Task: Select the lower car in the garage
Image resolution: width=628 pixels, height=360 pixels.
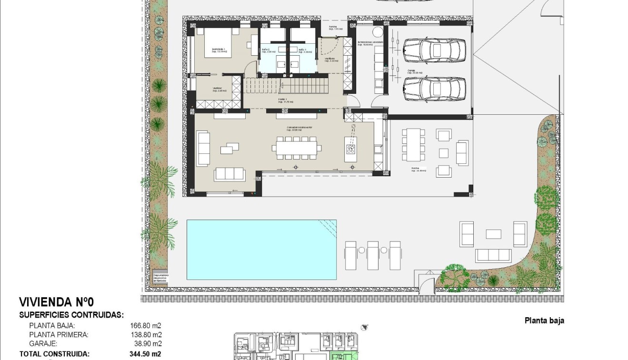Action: point(434,89)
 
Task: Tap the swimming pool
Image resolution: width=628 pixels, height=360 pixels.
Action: point(261,250)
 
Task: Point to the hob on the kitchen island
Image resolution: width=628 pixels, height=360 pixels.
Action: point(351,149)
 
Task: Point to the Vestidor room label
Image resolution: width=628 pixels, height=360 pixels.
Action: point(219,89)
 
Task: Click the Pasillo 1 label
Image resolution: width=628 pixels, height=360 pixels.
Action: point(286,100)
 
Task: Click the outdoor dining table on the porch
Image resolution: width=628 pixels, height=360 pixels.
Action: point(413,144)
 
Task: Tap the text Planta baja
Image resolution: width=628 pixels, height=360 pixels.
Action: point(544,320)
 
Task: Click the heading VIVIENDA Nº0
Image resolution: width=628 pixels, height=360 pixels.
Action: point(57,302)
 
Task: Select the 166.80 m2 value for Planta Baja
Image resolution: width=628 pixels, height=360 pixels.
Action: point(146,326)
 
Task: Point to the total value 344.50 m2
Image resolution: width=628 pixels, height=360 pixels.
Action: point(145,354)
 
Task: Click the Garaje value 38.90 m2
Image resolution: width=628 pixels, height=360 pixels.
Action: point(147,343)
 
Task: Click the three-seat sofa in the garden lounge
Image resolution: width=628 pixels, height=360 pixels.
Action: point(493,255)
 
